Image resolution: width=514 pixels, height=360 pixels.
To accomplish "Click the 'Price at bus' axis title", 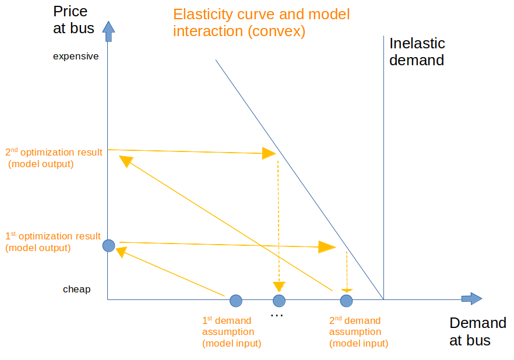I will tap(73, 19).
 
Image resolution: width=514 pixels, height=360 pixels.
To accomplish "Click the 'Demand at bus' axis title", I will tap(477, 332).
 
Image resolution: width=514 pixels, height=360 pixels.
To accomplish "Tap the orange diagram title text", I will tap(261, 23).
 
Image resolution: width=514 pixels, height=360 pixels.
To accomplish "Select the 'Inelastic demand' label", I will tap(417, 51).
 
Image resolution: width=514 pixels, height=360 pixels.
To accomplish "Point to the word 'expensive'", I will tap(76, 57).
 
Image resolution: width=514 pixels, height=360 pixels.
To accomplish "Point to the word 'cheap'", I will tap(76, 289).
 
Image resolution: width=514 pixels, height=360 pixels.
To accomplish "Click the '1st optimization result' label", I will tap(52, 242).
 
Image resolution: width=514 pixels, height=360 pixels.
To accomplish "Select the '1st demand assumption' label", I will tap(231, 332).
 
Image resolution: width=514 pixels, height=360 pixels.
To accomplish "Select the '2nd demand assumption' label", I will tap(358, 332).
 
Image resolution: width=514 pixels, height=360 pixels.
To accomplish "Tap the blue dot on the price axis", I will tap(108, 246).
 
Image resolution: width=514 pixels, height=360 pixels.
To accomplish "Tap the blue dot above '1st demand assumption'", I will tap(235, 301).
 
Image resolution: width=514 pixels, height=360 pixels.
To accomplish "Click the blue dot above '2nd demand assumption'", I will tap(346, 301).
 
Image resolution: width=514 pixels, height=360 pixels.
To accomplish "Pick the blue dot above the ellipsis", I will tap(279, 301).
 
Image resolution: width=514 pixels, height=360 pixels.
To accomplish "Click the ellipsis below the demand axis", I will tap(277, 316).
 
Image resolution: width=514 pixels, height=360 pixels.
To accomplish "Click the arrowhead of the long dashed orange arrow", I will tap(279, 286).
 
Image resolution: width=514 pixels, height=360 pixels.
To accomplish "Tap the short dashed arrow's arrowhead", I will tap(347, 289).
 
